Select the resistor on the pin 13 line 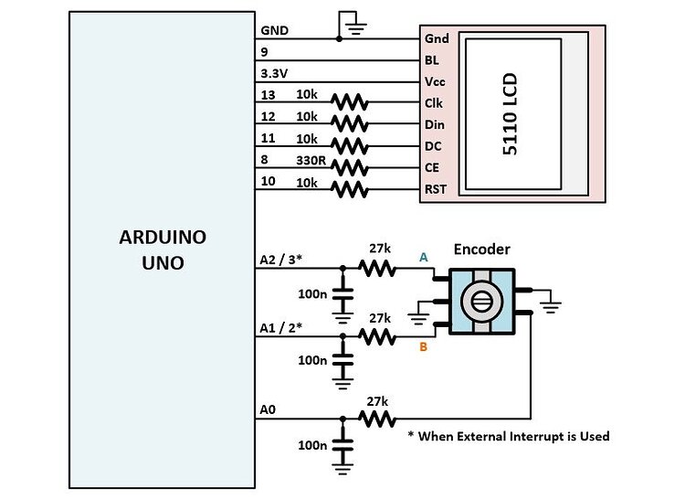pyautogui.click(x=350, y=101)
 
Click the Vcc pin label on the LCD pyautogui.click(x=436, y=80)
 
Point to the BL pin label pyautogui.click(x=433, y=59)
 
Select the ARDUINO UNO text pyautogui.click(x=163, y=249)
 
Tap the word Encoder pyautogui.click(x=481, y=249)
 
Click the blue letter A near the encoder pyautogui.click(x=423, y=259)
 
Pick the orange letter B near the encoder pyautogui.click(x=423, y=346)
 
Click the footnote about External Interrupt pyautogui.click(x=508, y=436)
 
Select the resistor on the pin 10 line pyautogui.click(x=350, y=189)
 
